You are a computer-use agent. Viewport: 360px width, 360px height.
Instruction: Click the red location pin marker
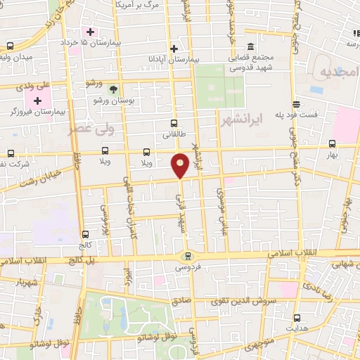coord(181,165)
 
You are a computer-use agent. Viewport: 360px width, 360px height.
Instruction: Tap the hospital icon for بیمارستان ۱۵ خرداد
coord(90,32)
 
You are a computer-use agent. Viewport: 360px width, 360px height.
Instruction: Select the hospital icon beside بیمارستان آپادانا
coord(174,49)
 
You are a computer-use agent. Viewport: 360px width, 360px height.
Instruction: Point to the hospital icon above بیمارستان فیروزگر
coord(37,101)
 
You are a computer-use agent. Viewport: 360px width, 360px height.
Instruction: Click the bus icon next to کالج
coord(85,235)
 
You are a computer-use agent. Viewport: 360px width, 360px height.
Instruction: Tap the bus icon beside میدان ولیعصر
coord(8,46)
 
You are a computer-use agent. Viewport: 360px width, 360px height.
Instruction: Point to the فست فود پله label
coord(296,114)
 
